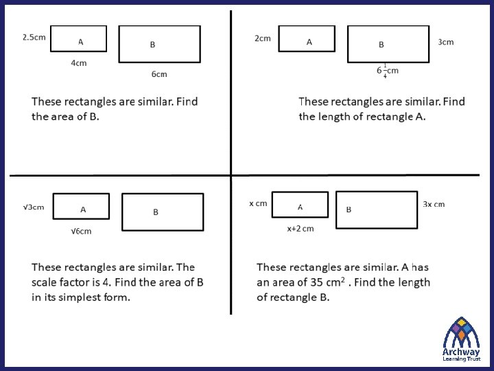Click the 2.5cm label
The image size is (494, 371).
click(34, 36)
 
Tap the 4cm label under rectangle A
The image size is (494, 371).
click(79, 63)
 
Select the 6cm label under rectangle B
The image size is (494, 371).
click(159, 74)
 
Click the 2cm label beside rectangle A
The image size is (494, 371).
click(263, 38)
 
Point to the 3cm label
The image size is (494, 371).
click(446, 42)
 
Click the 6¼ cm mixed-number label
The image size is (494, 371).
click(387, 71)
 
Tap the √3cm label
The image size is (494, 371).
click(34, 207)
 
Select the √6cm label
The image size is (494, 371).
click(81, 232)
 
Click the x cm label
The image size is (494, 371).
click(258, 203)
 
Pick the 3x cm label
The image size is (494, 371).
click(434, 204)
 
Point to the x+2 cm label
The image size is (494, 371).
click(301, 229)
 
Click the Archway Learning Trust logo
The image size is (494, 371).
click(461, 338)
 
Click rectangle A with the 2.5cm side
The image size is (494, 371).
click(79, 38)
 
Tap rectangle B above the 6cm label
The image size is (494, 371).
click(159, 44)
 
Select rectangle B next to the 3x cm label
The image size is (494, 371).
click(377, 209)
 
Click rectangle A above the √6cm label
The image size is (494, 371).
click(81, 206)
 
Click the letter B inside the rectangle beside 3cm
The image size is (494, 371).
click(381, 45)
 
